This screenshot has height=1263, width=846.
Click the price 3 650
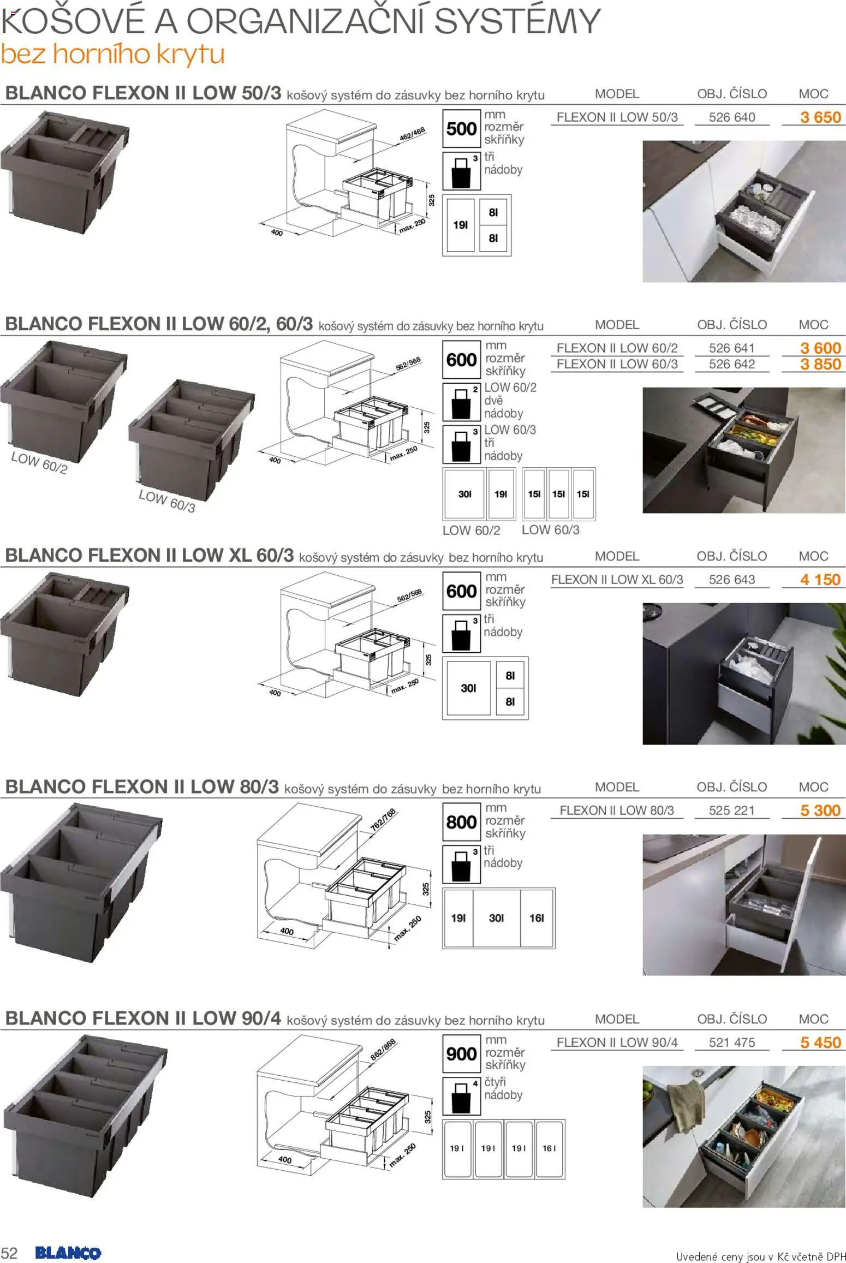(820, 117)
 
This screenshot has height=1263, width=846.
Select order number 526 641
(731, 348)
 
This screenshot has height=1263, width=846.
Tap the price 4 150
(820, 580)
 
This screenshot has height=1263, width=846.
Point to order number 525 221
(731, 811)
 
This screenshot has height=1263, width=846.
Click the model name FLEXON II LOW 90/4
(617, 1042)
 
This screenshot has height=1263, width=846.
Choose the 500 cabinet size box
(461, 129)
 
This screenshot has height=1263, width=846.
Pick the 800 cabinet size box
(461, 822)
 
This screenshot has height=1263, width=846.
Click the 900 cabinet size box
(461, 1054)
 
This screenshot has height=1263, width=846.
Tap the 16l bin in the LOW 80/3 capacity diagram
(537, 918)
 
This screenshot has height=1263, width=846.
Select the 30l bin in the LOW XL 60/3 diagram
(469, 688)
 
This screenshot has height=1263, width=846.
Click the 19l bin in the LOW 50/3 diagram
(461, 225)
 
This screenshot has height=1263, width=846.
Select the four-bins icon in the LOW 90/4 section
(461, 1096)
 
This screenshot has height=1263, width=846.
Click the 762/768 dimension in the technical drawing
(384, 820)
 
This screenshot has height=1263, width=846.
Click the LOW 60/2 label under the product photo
(39, 463)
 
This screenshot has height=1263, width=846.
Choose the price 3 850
(820, 365)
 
